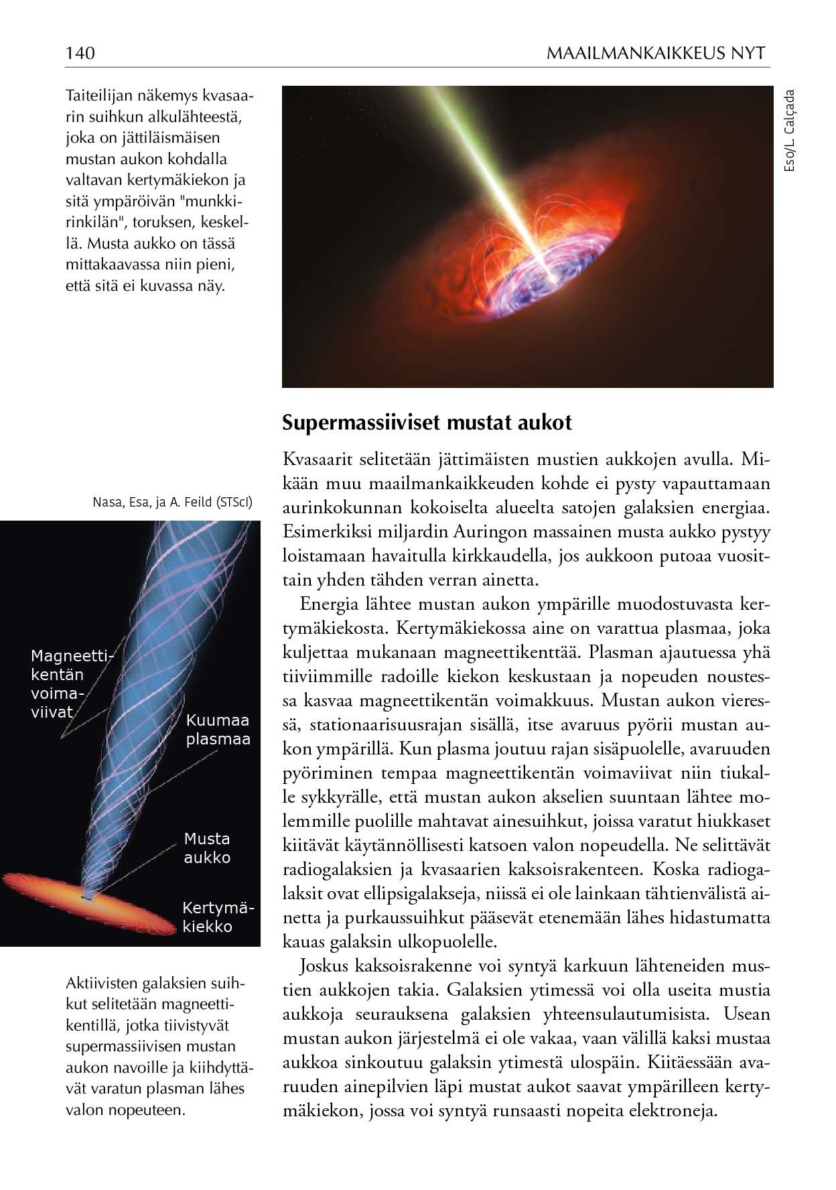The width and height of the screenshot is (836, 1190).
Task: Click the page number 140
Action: click(80, 53)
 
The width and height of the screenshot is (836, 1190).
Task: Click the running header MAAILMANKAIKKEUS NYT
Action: click(656, 53)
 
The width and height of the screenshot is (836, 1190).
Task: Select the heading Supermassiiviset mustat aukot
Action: click(427, 423)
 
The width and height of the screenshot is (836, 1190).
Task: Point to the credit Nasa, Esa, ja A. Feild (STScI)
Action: click(172, 502)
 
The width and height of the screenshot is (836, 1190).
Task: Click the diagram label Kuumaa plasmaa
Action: click(218, 730)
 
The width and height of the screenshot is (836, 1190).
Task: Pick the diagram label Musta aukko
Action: click(207, 848)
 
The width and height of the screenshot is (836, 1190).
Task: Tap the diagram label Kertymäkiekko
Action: click(218, 917)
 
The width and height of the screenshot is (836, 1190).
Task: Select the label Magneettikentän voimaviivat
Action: click(70, 683)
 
